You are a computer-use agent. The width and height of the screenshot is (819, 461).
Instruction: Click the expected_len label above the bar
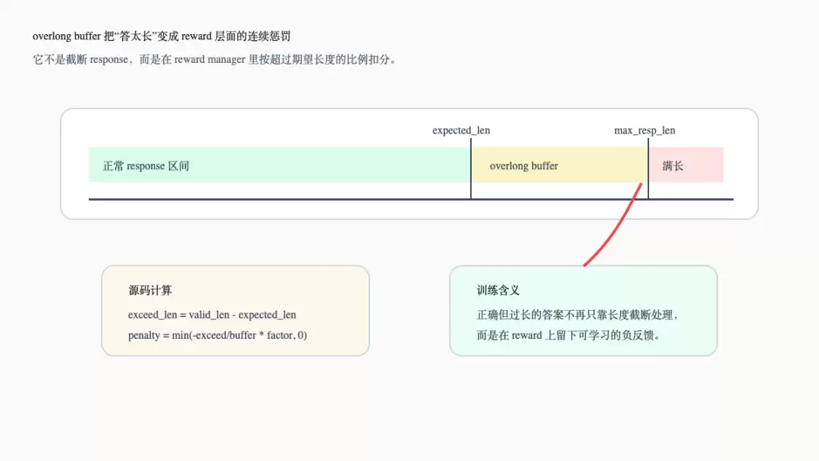coord(461,130)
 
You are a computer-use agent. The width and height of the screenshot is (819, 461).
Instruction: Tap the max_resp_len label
coord(645,130)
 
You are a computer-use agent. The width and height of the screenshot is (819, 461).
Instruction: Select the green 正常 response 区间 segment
coord(279,165)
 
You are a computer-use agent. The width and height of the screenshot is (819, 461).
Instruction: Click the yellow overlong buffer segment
coord(560,165)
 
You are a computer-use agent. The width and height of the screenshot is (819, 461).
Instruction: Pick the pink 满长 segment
coord(686,165)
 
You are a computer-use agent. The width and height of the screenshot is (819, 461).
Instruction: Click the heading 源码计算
coord(150,290)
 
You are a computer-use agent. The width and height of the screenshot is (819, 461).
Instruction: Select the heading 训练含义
coord(497,290)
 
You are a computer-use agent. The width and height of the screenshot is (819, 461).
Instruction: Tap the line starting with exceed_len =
coord(212,315)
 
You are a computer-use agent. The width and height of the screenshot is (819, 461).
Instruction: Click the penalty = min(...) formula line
coord(218,335)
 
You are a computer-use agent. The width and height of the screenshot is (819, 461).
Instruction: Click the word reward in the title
coord(196,36)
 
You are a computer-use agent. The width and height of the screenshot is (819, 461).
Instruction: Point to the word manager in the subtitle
coord(226,59)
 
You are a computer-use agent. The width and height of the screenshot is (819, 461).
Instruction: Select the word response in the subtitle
coord(108,59)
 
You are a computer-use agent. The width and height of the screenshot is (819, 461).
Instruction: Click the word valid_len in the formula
coord(209,315)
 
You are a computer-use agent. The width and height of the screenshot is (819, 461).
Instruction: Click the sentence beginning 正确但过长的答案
coord(577,315)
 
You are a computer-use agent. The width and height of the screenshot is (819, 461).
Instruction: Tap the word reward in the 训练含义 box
coord(526,335)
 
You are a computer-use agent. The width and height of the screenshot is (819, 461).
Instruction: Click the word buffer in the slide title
coord(87,36)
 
